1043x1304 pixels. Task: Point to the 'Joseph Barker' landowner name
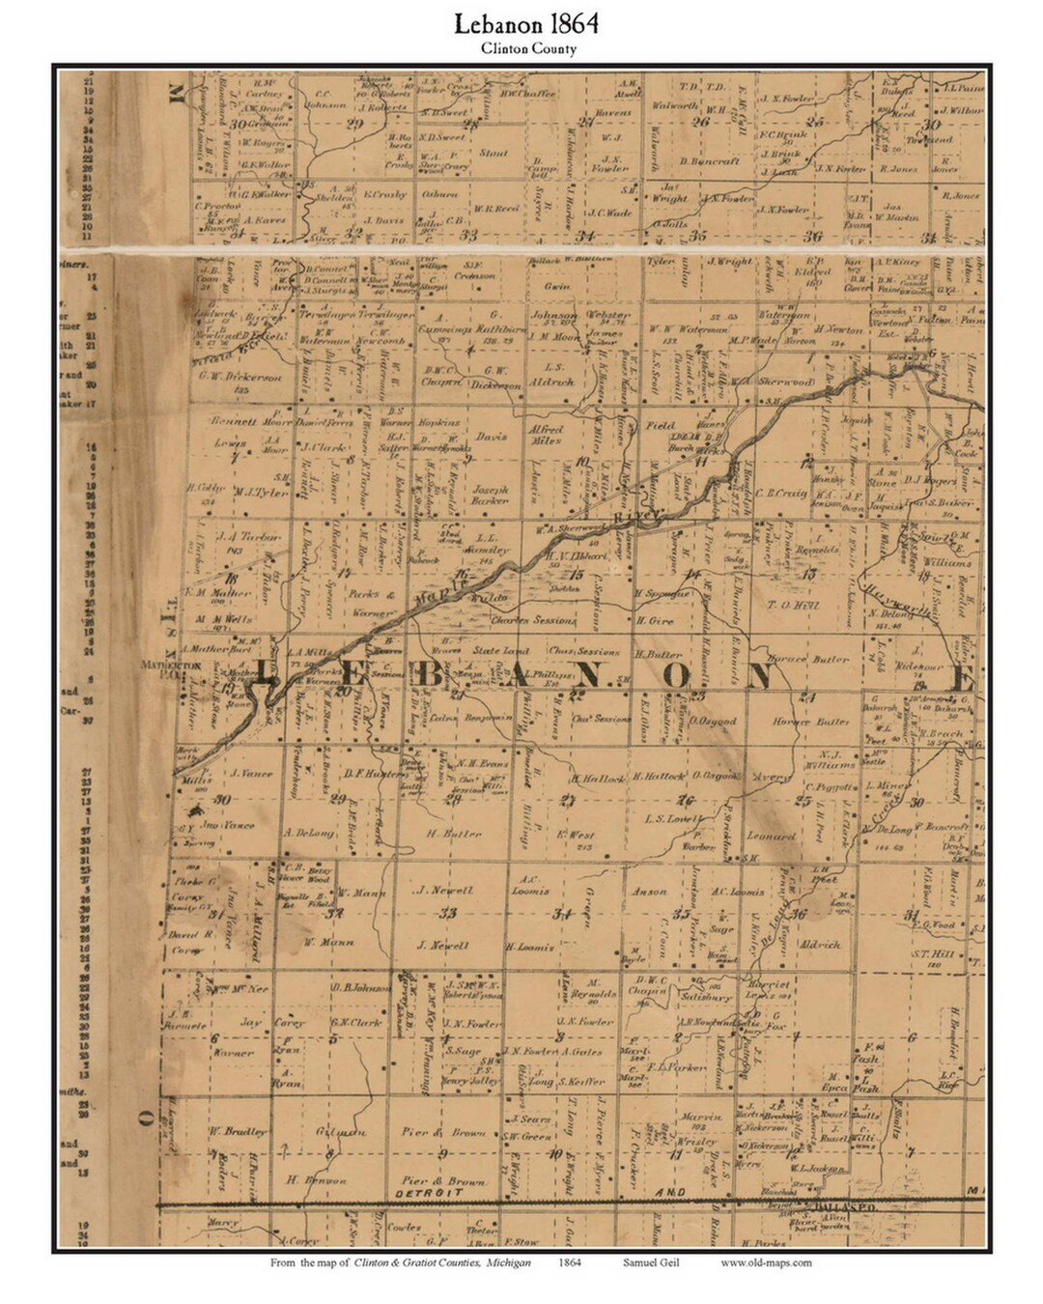(x=490, y=495)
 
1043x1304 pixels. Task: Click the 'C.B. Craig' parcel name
(x=780, y=493)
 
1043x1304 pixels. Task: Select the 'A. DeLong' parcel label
(x=308, y=832)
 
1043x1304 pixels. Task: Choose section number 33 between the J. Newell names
(x=447, y=914)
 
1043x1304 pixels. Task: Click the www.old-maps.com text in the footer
(x=766, y=1262)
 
